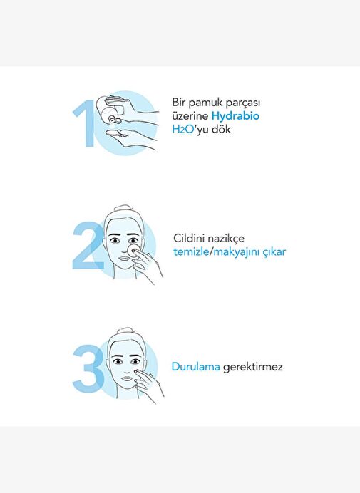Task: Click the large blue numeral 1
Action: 86,123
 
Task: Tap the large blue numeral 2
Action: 88,245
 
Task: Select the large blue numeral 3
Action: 88,368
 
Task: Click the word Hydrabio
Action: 235,116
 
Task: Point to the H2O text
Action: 182,130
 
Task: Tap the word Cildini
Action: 189,238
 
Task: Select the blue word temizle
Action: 191,251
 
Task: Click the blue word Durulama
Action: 196,367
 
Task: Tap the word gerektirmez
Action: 252,367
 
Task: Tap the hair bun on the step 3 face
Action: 125,331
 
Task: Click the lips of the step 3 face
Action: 128,378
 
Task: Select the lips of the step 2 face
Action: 124,259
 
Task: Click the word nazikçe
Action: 226,239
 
